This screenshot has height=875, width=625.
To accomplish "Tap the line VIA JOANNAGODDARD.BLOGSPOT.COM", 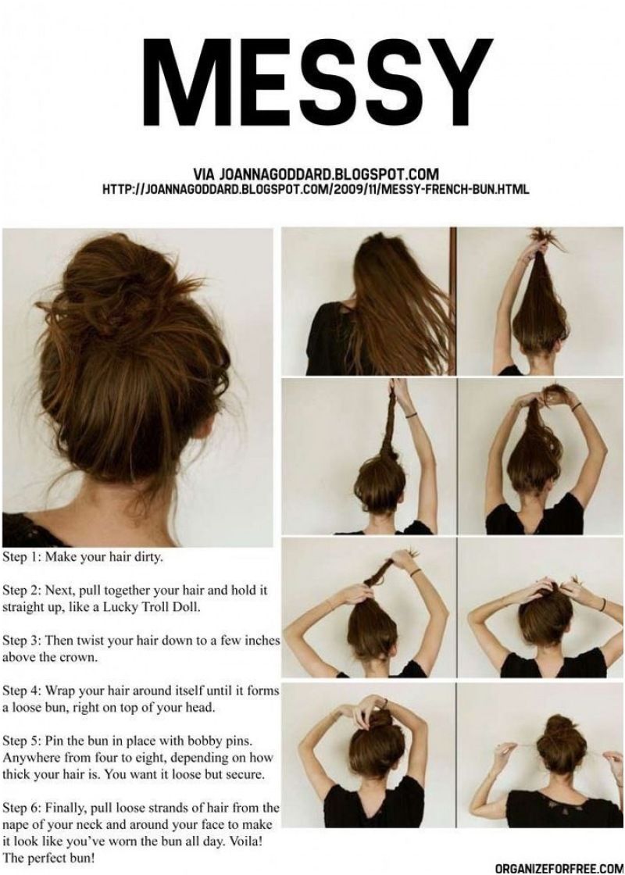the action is point(316,173).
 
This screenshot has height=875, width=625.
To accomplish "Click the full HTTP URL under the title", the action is point(316,189).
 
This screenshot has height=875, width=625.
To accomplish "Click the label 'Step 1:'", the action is point(21,558).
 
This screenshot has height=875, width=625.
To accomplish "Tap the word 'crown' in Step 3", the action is point(80,657).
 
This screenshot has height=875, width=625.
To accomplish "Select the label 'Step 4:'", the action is point(21,691).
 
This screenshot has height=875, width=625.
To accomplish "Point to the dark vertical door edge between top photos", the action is point(453,302).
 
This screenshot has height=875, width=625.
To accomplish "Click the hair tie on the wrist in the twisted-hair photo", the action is point(412,415).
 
